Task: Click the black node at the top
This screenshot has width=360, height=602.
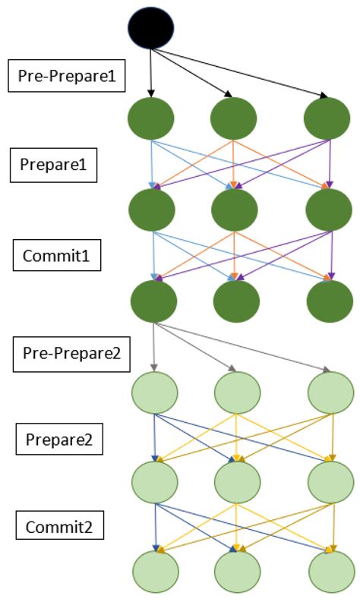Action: pyautogui.click(x=151, y=28)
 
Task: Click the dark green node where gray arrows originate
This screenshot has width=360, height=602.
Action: pyautogui.click(x=153, y=301)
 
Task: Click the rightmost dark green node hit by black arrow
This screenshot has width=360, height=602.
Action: pyautogui.click(x=326, y=118)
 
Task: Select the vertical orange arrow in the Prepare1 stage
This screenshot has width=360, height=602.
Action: pyautogui.click(x=234, y=162)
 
